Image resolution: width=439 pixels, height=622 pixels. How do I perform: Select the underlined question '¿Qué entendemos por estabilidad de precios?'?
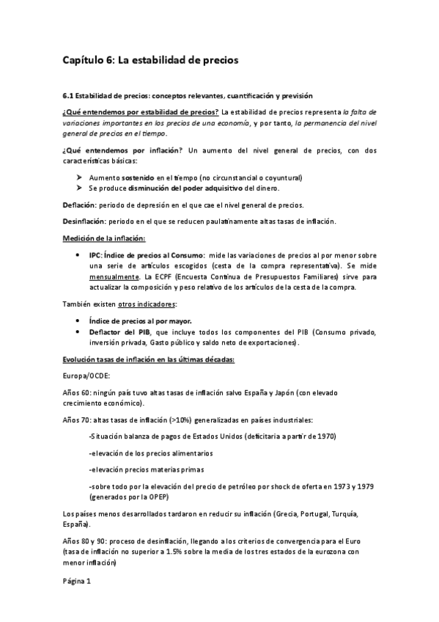coord(141,112)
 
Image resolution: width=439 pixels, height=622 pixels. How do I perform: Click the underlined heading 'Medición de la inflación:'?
coord(104,238)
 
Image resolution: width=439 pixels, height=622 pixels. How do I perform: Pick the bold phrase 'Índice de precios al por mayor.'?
coord(141,321)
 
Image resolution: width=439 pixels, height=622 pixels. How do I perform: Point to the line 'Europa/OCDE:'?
coord(86,376)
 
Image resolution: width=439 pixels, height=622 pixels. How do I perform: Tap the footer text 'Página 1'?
coord(77,582)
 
